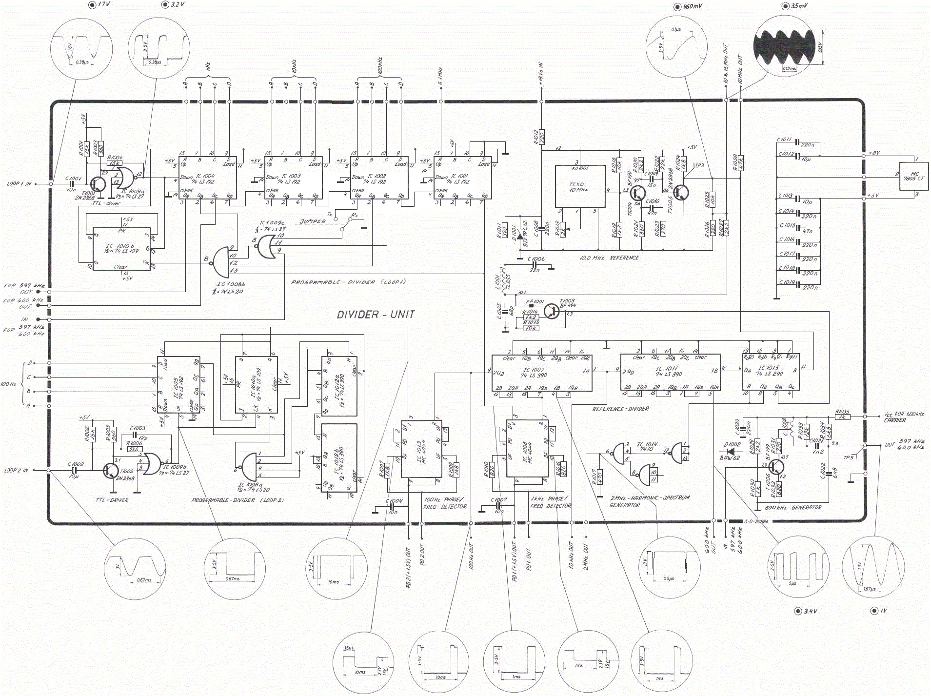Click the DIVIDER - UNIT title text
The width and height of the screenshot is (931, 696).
click(376, 315)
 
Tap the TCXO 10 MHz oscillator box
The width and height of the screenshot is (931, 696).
click(580, 187)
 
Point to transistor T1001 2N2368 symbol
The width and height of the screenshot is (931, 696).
click(97, 184)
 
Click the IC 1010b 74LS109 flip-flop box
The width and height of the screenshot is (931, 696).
click(121, 248)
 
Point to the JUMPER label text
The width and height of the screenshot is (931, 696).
click(313, 222)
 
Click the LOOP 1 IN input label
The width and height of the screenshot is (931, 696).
click(19, 184)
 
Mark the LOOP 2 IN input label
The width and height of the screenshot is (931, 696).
click(16, 471)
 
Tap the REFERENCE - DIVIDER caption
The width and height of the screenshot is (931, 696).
click(620, 409)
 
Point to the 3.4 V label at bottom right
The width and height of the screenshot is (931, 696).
click(810, 611)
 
